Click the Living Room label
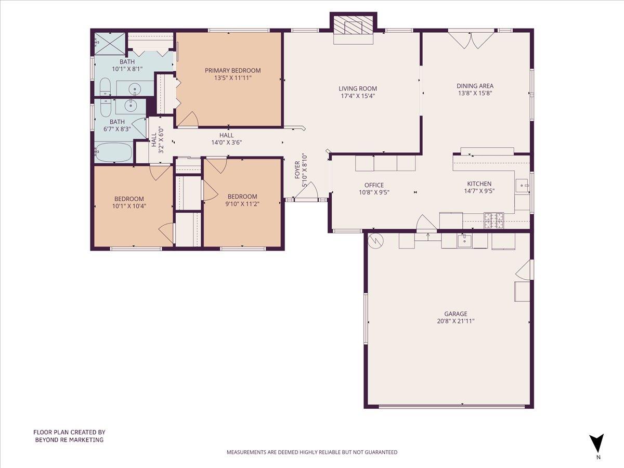click(358, 88)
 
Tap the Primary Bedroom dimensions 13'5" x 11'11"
click(232, 79)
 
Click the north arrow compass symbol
click(597, 444)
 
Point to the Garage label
click(456, 314)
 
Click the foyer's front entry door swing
click(308, 191)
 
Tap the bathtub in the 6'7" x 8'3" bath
click(113, 153)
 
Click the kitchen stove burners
click(494, 220)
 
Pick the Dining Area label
click(475, 86)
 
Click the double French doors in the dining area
click(471, 40)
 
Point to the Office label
click(374, 185)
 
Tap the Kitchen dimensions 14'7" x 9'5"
click(479, 191)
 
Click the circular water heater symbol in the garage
click(375, 240)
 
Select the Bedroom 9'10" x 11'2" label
click(242, 196)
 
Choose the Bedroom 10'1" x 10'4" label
click(129, 199)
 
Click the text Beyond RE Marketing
click(69, 439)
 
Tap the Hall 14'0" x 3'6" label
click(226, 135)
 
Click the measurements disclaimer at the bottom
click(312, 452)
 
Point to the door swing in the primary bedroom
click(188, 119)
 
